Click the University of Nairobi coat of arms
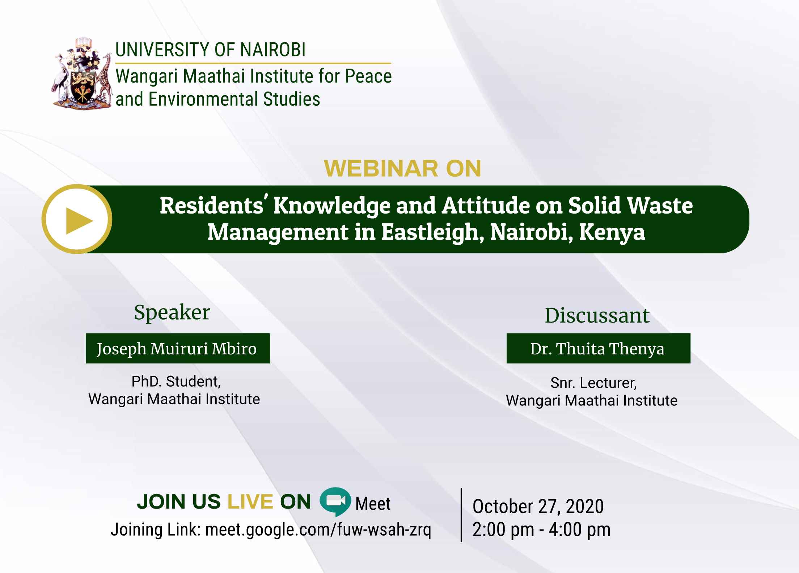pos(82,74)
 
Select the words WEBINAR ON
pos(402,169)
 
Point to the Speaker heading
pos(172,312)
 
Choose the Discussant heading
pos(597,316)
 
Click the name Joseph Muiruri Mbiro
pos(177,349)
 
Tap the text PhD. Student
pos(176,382)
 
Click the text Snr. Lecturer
pos(593,383)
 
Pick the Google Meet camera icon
pos(335,501)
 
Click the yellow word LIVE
pos(250,502)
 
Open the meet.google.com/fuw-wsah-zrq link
pos(318,530)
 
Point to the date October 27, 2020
pos(538,506)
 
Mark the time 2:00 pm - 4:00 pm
pos(541,530)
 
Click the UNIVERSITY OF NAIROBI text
pos(210,50)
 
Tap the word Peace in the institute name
pos(368,76)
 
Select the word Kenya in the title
pos(612,232)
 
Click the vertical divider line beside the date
pos(461,515)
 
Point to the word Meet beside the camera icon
pos(373,504)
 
